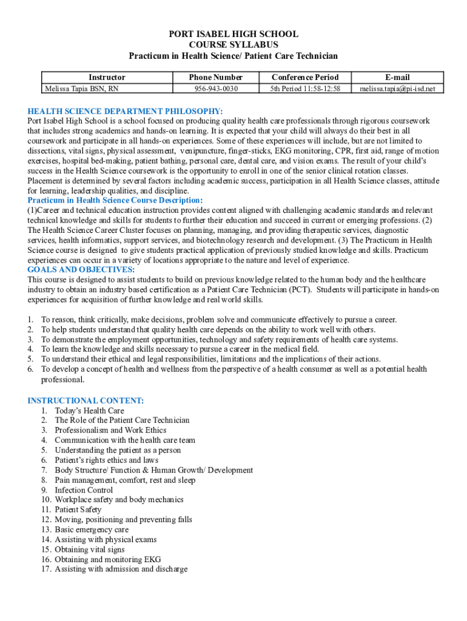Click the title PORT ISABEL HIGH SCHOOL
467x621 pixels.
point(233,35)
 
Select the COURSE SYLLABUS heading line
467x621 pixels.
point(233,45)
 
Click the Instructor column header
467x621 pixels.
point(107,77)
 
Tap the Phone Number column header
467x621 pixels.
point(216,77)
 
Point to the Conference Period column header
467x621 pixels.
point(305,77)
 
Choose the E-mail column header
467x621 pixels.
point(397,77)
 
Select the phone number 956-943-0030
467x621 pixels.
point(216,89)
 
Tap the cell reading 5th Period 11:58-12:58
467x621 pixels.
point(305,89)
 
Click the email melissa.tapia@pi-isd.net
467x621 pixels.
point(397,89)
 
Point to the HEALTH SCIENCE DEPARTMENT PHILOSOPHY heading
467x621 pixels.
point(125,111)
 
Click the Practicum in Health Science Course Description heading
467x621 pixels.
point(115,201)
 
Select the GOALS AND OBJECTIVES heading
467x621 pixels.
point(81,270)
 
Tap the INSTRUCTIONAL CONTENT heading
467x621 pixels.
point(86,401)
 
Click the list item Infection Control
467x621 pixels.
point(84,490)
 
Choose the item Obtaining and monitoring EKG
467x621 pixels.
point(108,560)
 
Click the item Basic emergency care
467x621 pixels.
point(92,530)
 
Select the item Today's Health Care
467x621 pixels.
point(89,411)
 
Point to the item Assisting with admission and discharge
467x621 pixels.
point(121,569)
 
